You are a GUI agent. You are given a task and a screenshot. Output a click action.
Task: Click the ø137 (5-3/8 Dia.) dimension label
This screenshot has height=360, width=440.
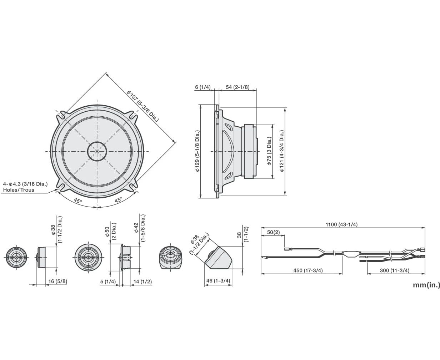[143, 106]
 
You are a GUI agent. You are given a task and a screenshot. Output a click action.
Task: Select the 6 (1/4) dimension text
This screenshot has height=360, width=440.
[203, 87]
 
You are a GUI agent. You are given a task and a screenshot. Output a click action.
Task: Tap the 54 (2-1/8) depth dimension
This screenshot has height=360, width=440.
[237, 87]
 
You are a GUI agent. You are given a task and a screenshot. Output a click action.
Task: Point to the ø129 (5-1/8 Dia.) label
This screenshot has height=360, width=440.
[197, 151]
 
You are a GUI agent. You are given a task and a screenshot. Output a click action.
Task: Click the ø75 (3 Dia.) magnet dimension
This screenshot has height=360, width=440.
[269, 151]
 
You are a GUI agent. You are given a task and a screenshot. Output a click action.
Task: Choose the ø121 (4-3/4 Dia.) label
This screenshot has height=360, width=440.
[282, 151]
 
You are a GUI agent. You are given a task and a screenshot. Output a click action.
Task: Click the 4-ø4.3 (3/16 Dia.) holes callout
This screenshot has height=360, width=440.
[25, 184]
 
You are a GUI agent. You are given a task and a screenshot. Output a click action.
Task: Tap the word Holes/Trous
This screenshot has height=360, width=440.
[19, 190]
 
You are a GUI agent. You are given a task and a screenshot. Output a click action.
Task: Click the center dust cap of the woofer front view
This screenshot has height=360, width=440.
[97, 151]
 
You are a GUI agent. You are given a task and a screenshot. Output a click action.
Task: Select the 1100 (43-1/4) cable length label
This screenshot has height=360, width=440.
[341, 224]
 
